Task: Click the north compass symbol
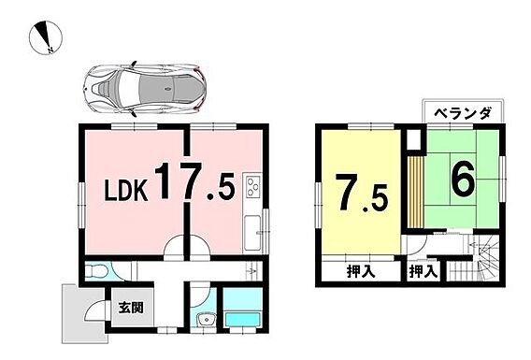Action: click(46, 37)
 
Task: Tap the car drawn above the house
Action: click(145, 87)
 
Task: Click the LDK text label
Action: click(126, 191)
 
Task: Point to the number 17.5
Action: click(194, 181)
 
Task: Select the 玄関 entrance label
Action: click(131, 308)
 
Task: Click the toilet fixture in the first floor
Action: click(96, 271)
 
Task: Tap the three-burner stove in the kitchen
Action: click(252, 187)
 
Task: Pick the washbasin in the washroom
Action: click(206, 320)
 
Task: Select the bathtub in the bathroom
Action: click(243, 319)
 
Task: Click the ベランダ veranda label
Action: click(462, 113)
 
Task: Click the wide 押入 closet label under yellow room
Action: click(361, 271)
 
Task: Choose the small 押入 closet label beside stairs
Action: click(423, 271)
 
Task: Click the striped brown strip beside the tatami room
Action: click(415, 192)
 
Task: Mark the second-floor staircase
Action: click(475, 261)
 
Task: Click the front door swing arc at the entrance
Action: click(93, 310)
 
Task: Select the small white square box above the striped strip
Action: click(413, 140)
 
